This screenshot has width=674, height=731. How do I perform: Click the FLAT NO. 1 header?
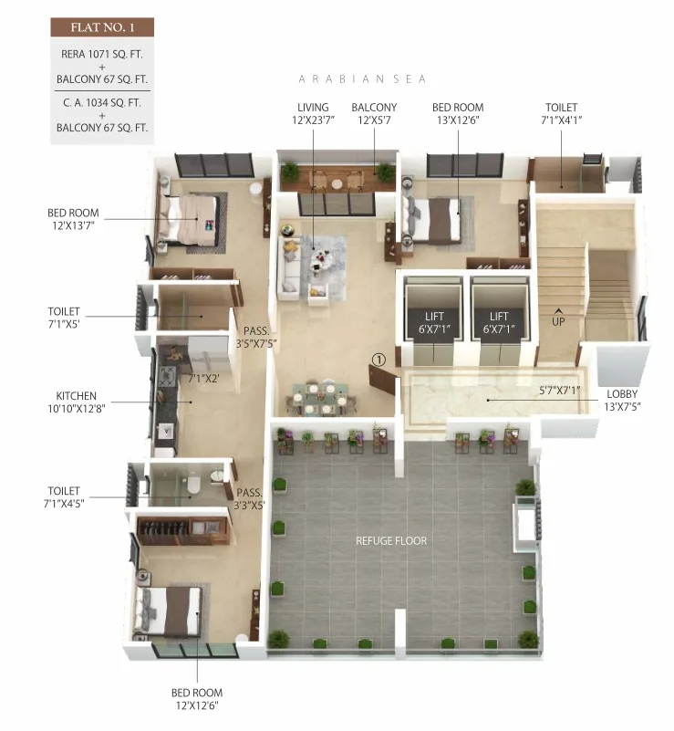click(101, 27)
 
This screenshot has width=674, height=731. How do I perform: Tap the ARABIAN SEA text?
click(362, 79)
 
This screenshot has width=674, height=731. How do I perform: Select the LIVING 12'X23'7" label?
click(312, 114)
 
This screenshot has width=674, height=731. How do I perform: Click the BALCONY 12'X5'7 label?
click(374, 114)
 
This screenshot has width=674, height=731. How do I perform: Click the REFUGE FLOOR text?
click(391, 541)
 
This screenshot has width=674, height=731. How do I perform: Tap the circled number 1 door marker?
click(379, 360)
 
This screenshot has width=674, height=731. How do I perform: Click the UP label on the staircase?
click(557, 320)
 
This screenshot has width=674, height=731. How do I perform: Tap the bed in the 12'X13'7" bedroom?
click(192, 220)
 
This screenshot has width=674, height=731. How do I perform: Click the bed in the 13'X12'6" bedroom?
click(432, 219)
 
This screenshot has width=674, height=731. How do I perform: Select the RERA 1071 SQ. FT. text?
click(101, 54)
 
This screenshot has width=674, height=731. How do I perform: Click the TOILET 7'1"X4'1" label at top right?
click(561, 114)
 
